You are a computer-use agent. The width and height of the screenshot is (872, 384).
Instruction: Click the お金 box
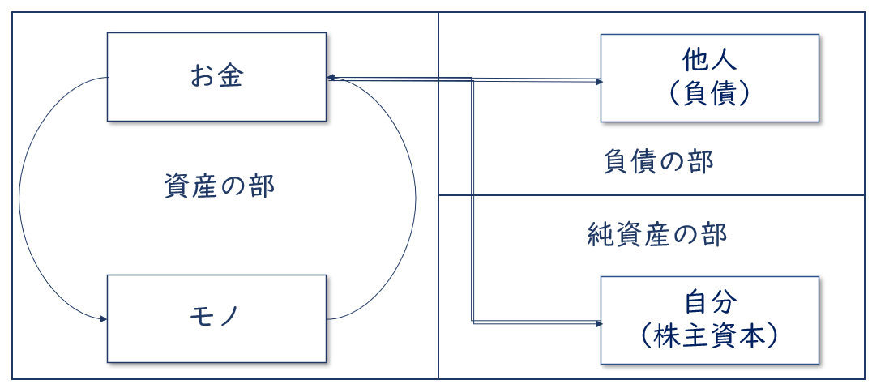pos(216,77)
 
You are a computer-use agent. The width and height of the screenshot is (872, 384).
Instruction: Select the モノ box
pos(216,318)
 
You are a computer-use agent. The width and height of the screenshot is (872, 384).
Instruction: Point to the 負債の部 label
pos(658,161)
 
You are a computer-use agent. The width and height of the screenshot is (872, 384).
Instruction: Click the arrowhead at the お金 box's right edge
pos(331,78)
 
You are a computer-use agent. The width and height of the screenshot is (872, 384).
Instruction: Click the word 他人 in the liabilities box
pos(708,62)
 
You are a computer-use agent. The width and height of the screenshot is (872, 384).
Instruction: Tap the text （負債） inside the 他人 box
pos(708,94)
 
